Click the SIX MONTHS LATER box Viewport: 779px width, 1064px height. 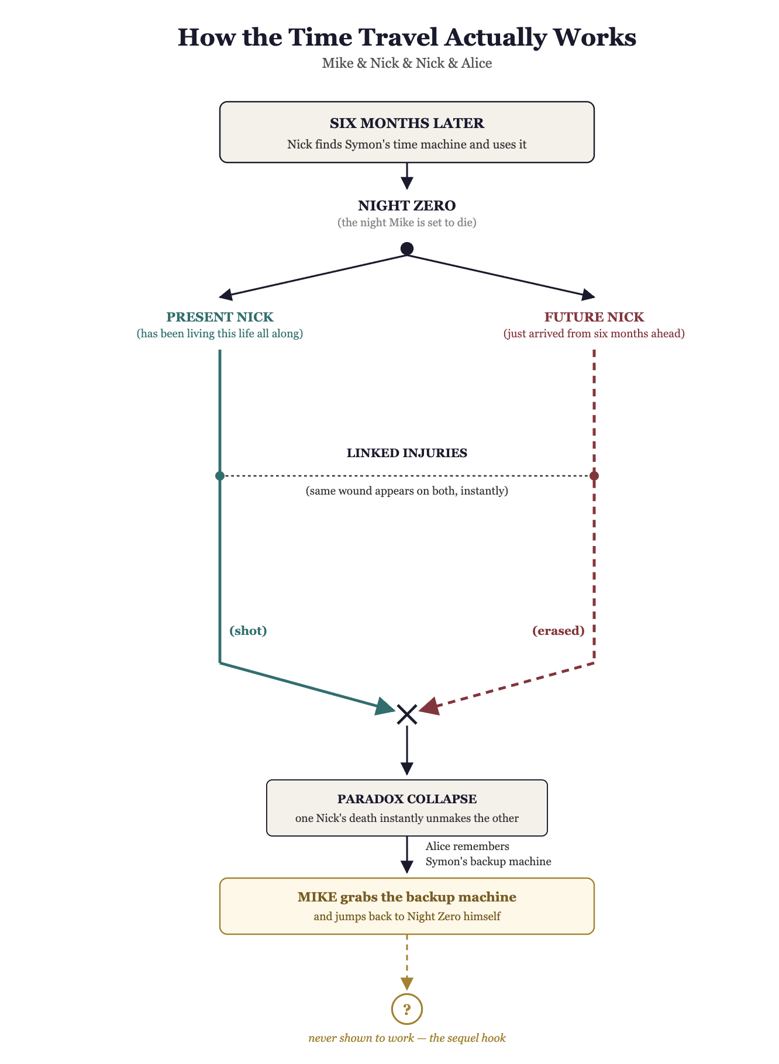406,132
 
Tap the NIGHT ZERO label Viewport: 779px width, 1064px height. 406,206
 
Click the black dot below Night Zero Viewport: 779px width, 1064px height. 406,248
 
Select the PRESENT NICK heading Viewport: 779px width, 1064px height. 220,317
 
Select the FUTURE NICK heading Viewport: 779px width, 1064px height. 594,317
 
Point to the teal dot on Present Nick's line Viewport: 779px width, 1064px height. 220,476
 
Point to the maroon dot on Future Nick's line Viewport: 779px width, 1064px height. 594,476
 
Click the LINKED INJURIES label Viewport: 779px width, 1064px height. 406,453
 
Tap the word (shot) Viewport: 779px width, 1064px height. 248,631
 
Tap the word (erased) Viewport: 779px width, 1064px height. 559,631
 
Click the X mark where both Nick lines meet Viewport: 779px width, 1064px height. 406,714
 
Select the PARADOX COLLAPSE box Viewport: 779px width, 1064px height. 406,808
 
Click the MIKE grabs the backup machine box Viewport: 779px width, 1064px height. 406,906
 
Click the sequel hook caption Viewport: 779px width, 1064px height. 406,1038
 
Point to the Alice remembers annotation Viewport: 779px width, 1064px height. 488,854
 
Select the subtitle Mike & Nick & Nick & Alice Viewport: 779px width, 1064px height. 406,63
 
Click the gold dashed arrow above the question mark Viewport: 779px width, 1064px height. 406,962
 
